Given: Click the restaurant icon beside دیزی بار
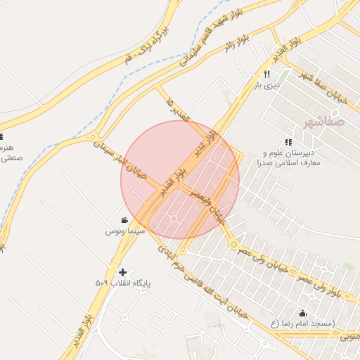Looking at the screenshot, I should coord(266,74).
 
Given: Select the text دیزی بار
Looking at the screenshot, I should coord(267,85).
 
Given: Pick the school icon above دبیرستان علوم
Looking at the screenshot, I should coord(288,142).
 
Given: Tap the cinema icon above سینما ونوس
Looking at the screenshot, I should coord(124,220).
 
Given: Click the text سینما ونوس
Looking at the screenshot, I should coord(125,231).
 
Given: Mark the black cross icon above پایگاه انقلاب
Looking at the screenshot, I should coord(123,271).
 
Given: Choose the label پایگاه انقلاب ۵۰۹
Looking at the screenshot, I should coord(123,283).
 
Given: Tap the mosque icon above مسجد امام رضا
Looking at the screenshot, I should coord(303,313).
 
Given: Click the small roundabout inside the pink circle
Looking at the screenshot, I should coord(174,219).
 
